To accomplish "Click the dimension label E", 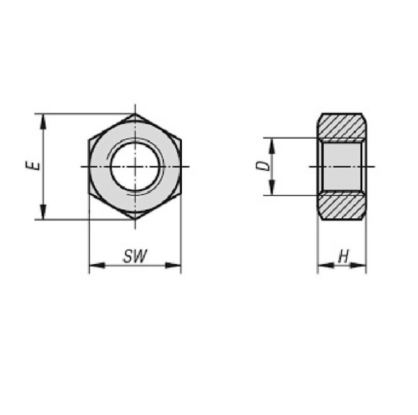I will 37,166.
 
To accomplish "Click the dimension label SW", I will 135,256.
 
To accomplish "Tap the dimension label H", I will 343,257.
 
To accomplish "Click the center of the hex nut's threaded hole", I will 136,166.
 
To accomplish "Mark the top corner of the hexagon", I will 135,114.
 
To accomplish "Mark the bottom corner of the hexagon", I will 135,219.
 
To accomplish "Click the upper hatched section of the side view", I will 342,126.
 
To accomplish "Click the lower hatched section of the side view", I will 342,207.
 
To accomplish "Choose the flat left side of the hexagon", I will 90,166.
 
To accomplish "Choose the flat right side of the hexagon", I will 181,166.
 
